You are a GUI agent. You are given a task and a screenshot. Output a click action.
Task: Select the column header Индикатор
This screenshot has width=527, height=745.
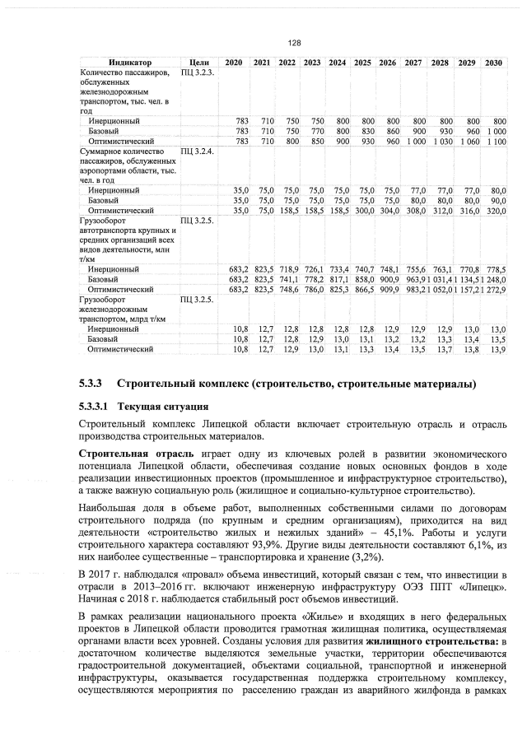(x=129, y=63)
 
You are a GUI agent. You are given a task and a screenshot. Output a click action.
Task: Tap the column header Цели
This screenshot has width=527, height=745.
(x=198, y=63)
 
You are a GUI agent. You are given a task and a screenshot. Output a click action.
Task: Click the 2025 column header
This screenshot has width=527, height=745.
(x=362, y=63)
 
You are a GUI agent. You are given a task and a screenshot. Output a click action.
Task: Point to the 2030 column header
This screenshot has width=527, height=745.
(x=494, y=63)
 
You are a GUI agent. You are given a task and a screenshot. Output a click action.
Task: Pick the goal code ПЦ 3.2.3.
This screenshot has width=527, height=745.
(x=198, y=72)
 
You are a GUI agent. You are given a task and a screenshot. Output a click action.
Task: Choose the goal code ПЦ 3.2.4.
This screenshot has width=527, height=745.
(x=198, y=152)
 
